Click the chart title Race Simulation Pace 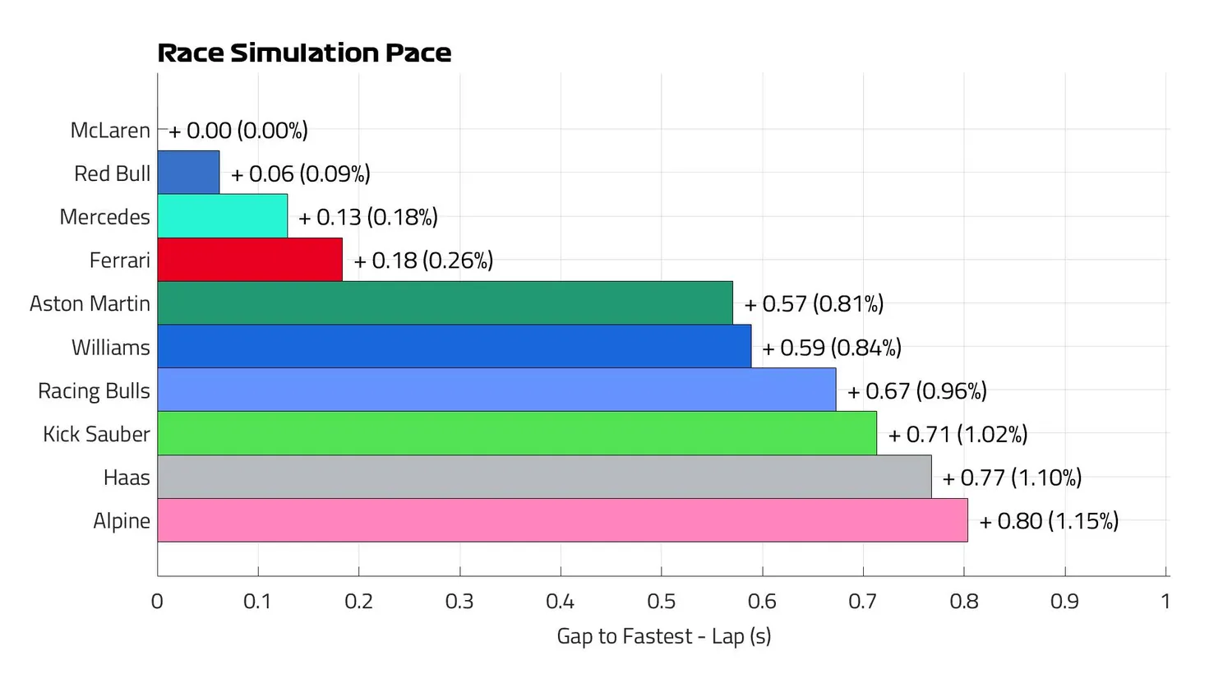304,53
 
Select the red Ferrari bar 250,260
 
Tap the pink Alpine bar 562,520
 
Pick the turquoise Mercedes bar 222,216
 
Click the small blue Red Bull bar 188,173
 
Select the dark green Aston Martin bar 445,303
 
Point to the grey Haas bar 544,477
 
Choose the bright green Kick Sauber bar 517,433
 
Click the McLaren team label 110,131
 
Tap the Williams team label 110,348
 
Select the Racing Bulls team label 94,391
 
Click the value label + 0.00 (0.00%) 238,131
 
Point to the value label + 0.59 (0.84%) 831,348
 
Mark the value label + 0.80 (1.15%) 1049,521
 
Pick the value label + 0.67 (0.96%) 916,391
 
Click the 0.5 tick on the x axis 661,602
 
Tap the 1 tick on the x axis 1165,602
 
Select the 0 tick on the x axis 157,602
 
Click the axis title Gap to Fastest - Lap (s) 663,636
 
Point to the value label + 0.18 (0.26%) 423,261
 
